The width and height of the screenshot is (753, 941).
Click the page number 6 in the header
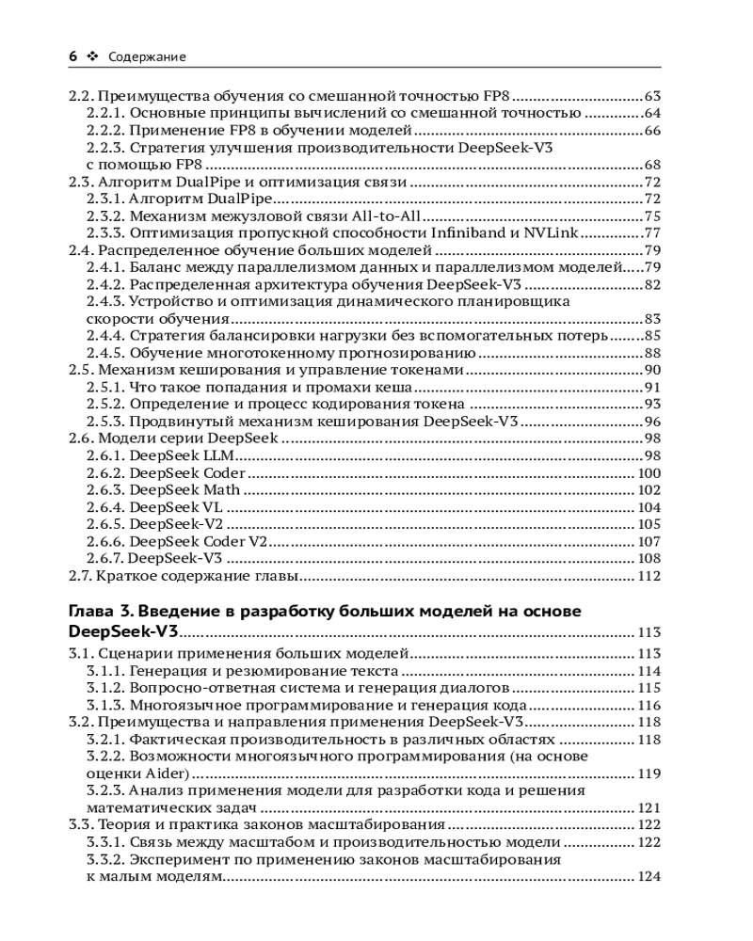point(72,56)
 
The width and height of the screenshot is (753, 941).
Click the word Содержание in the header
point(147,56)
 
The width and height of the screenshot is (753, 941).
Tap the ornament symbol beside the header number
point(91,56)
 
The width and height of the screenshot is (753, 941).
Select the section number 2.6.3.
point(105,490)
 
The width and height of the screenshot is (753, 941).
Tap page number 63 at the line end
point(652,96)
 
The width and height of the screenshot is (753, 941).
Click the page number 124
point(649,877)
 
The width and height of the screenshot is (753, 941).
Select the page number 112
point(649,576)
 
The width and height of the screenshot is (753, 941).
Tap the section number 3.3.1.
point(105,843)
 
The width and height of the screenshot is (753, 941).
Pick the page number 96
point(652,422)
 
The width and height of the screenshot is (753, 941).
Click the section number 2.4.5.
point(105,353)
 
